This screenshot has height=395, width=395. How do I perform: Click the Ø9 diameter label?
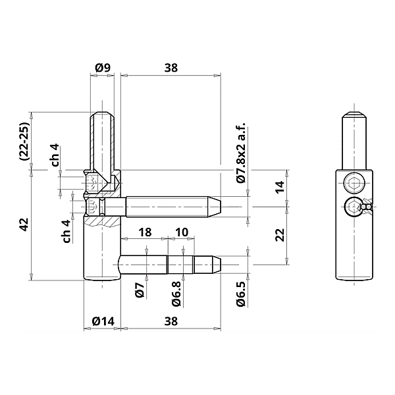point(102,67)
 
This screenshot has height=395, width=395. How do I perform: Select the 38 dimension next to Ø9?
point(171,67)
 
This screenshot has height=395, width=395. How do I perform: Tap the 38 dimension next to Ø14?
point(171,321)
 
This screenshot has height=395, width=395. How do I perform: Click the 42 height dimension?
point(24,224)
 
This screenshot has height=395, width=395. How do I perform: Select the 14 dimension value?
point(279,186)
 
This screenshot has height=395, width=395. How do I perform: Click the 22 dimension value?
point(279,234)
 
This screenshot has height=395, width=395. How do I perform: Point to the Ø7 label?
point(140,291)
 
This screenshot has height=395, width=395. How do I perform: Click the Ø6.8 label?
point(176,294)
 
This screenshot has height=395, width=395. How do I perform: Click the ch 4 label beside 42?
point(66,231)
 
